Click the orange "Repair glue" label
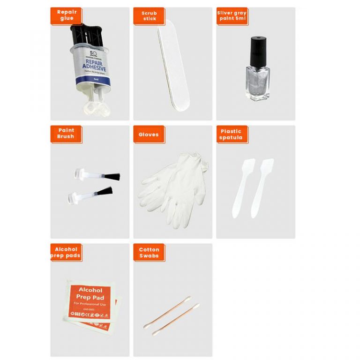(66, 15)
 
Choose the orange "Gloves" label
(148, 135)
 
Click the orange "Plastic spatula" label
(232, 134)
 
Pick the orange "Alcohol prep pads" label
(66, 252)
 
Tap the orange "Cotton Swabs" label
(149, 252)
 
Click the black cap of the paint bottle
(256, 51)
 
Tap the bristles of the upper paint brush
(112, 177)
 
